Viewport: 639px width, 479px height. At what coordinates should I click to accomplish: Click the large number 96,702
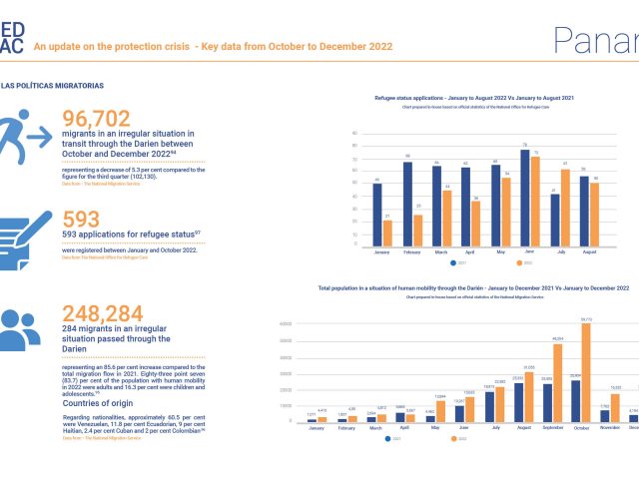click(112, 116)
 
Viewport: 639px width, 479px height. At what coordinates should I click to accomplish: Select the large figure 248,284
click(118, 315)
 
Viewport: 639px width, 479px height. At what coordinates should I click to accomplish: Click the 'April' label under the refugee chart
click(466, 254)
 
